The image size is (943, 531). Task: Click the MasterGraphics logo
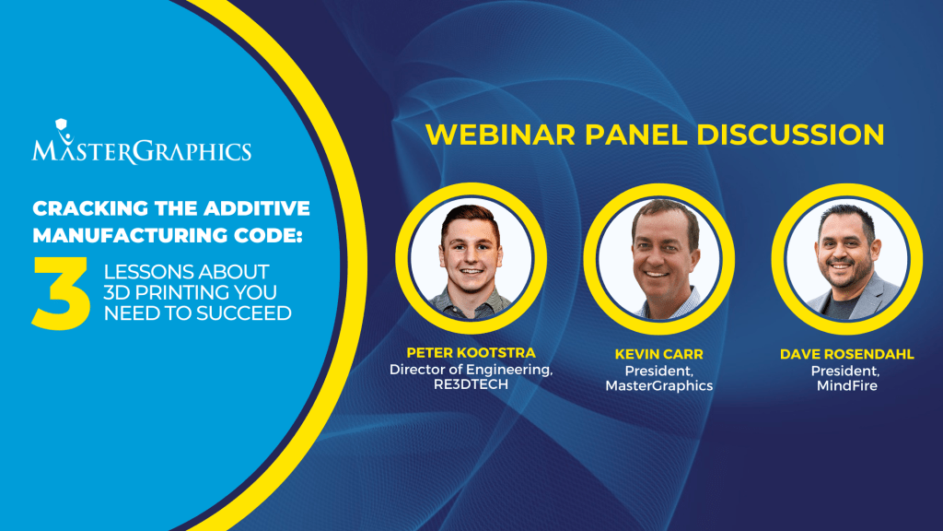pyautogui.click(x=141, y=142)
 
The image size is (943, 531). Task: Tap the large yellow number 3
pyautogui.click(x=61, y=293)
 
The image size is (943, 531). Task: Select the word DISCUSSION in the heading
pyautogui.click(x=790, y=135)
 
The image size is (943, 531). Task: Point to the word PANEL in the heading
pyautogui.click(x=635, y=135)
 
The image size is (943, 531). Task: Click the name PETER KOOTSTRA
pyautogui.click(x=471, y=353)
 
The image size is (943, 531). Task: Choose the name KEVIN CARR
pyautogui.click(x=659, y=354)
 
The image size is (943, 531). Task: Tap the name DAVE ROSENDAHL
pyautogui.click(x=847, y=354)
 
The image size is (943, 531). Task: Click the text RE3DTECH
pyautogui.click(x=471, y=384)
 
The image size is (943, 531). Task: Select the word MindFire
pyautogui.click(x=847, y=385)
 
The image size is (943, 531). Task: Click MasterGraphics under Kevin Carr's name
pyautogui.click(x=659, y=385)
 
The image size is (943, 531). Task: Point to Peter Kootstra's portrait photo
pyautogui.click(x=471, y=258)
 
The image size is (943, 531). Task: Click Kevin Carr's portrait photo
pyautogui.click(x=659, y=259)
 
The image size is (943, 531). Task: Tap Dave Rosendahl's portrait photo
pyautogui.click(x=847, y=259)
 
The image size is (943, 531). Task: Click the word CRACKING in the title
pyautogui.click(x=90, y=208)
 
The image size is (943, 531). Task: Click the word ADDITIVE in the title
pyautogui.click(x=258, y=208)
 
